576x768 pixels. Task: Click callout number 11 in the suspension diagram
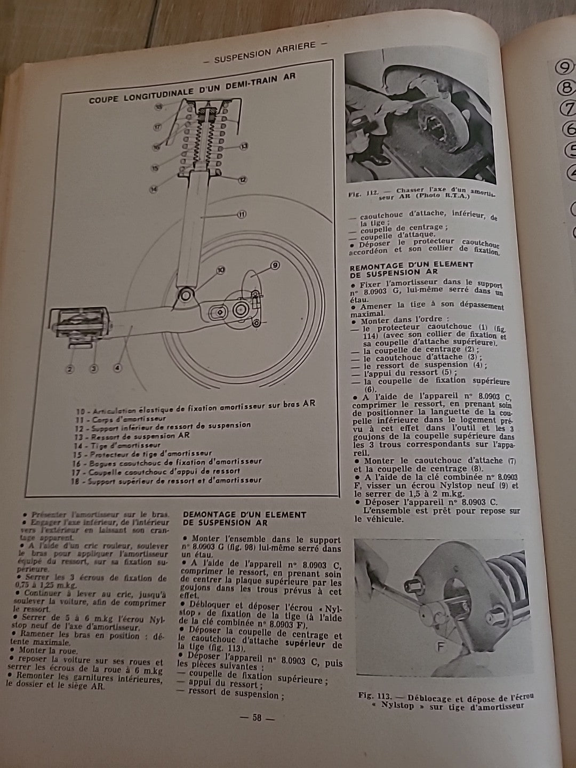point(241,214)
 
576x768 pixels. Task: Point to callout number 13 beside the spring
point(244,146)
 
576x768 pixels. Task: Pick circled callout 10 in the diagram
point(220,270)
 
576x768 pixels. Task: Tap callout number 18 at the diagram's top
point(158,107)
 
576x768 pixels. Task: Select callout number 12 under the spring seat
point(243,180)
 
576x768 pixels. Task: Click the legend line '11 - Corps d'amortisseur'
point(113,419)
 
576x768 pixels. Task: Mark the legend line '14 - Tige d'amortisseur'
point(118,444)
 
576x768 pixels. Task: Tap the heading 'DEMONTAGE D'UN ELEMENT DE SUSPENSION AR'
point(244,518)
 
